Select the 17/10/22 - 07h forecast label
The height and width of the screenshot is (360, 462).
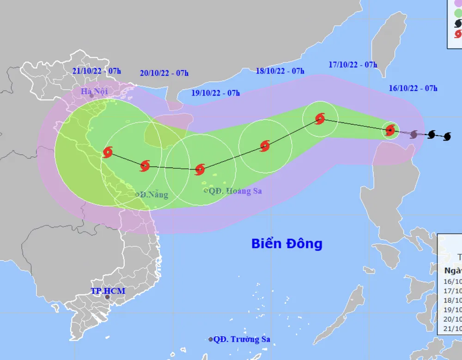click(353, 65)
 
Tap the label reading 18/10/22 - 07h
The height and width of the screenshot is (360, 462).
click(280, 71)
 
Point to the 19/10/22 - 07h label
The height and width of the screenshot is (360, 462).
click(216, 93)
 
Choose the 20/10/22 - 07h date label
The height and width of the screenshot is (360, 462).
click(164, 73)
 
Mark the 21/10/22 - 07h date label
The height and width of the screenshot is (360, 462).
click(97, 71)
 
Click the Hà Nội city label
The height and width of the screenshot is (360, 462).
click(94, 91)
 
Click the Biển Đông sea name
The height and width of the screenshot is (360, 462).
click(286, 244)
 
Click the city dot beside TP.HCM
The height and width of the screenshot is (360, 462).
click(108, 297)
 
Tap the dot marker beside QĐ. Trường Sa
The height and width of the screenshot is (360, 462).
click(211, 339)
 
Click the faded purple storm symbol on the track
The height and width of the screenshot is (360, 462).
click(413, 134)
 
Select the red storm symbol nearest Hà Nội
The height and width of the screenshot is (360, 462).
click(108, 152)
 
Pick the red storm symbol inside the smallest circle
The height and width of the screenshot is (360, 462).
click(390, 130)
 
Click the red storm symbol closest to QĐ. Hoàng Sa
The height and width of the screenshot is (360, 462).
click(200, 170)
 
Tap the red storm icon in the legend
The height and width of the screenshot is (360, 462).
click(458, 34)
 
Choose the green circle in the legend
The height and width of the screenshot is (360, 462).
click(458, 12)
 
